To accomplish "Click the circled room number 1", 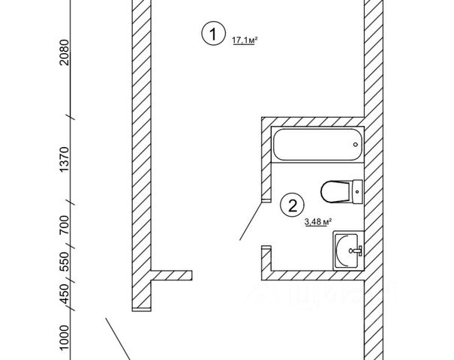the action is (x=213, y=34).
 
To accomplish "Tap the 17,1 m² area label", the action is (x=245, y=40).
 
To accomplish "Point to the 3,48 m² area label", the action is (x=317, y=221).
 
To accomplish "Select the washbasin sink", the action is (x=347, y=249).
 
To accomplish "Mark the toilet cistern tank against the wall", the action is (x=357, y=191).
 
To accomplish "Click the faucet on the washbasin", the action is (x=358, y=249).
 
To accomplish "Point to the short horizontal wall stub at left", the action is (x=173, y=274).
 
